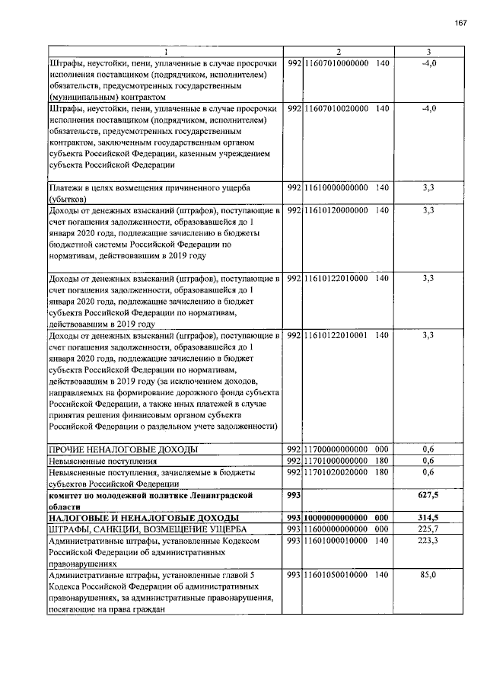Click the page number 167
tap(460, 24)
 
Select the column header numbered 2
tap(338, 52)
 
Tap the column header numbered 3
tap(428, 52)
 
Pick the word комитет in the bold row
tap(70, 495)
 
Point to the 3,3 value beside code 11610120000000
tap(428, 210)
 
